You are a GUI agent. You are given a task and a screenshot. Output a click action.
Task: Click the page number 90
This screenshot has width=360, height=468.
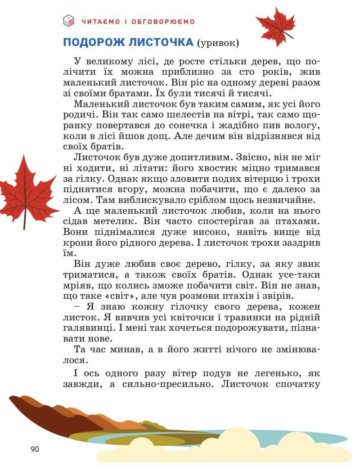pos(35,449)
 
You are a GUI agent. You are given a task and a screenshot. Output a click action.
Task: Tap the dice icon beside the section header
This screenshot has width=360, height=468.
pos(68,21)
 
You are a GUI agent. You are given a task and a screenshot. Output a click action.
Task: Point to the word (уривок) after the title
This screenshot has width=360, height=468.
pos(218,43)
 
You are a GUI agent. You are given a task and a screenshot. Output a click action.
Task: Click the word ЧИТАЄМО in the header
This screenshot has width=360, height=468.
pos(99,21)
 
